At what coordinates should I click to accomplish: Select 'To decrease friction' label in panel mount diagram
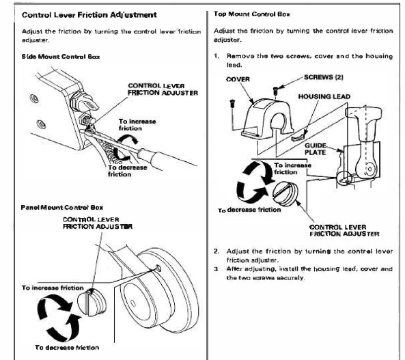65,347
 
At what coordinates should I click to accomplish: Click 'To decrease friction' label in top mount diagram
249,210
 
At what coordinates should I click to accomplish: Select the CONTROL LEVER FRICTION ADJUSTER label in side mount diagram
163,89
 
